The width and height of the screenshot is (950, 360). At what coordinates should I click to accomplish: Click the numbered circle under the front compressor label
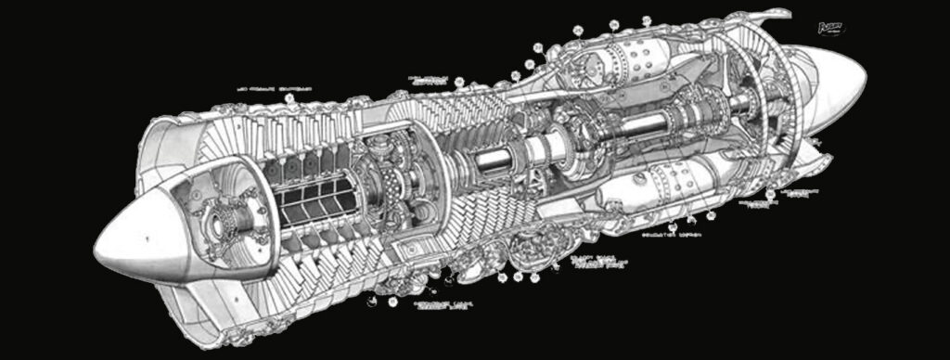click(x=289, y=99)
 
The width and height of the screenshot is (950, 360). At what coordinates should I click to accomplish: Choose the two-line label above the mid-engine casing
click(x=428, y=80)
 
